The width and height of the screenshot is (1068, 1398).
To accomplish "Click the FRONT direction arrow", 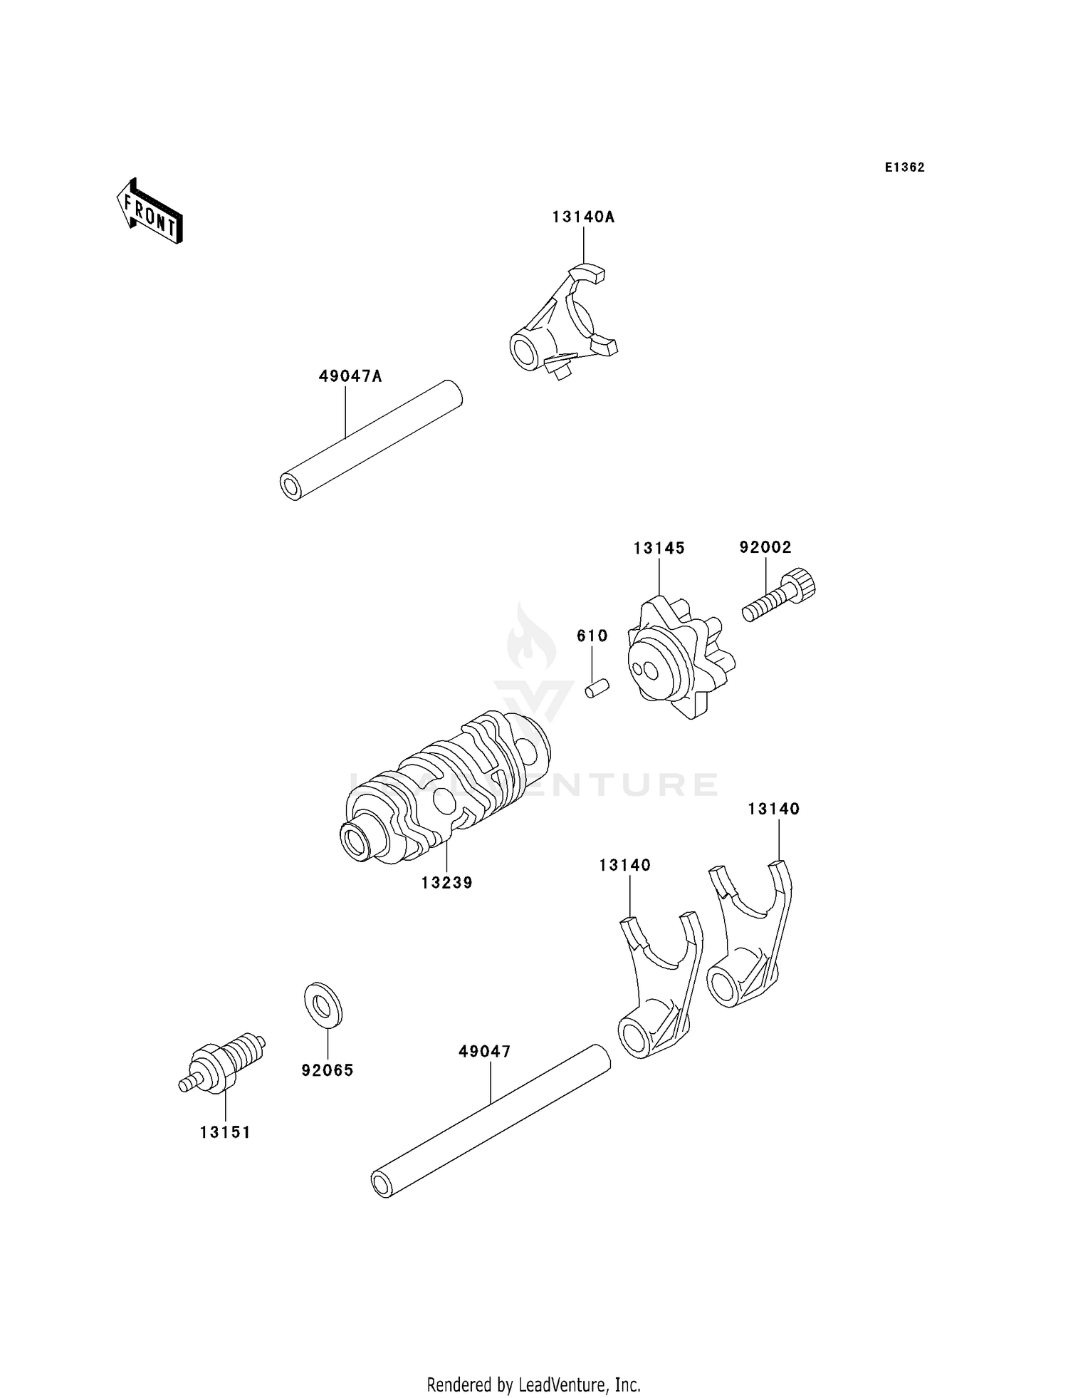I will [x=150, y=212].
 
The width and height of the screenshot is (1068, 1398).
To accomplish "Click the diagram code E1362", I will [x=904, y=167].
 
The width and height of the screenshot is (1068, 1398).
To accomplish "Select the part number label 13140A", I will [x=582, y=217].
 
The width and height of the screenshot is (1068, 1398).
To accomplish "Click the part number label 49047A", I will [x=350, y=376].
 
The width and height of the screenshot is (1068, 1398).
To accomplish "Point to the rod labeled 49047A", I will [x=370, y=440].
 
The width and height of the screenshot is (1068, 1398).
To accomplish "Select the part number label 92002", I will [x=765, y=547].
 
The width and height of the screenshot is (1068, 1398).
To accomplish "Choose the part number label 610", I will [x=592, y=636].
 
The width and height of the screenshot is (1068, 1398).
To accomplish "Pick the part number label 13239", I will [x=446, y=883].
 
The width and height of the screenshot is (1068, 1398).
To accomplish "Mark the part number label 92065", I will [x=327, y=1070].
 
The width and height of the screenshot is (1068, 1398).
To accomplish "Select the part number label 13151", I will [x=225, y=1132].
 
